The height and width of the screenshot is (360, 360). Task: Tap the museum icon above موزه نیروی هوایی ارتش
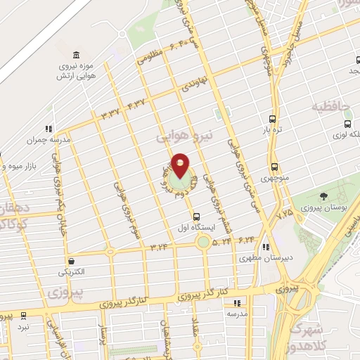pos(75,56)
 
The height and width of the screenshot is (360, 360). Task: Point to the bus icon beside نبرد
pos(23,316)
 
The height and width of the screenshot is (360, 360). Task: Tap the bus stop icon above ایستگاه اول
pos(196,217)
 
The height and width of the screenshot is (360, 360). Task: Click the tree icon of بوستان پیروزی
pos(323,196)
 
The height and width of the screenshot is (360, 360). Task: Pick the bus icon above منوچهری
pos(274,167)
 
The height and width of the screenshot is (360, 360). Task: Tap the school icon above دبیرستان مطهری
pos(265,247)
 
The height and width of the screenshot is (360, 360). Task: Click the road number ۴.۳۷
pos(138,105)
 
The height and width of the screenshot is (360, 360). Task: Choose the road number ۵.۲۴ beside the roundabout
pos(221,241)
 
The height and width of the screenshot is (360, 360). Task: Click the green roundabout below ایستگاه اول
pos(203,243)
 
